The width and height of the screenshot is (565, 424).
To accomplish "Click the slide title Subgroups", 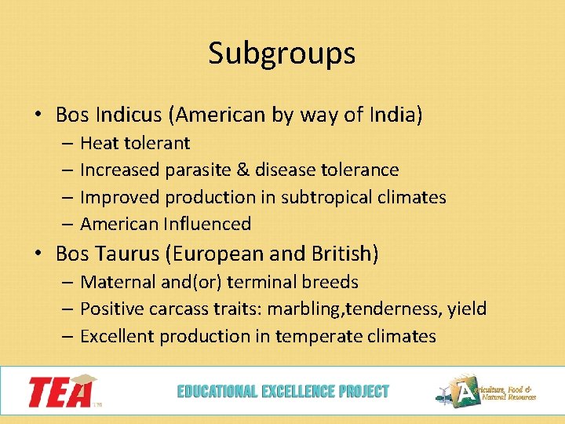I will (x=282, y=53).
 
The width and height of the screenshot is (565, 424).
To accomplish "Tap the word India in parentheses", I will (x=395, y=115).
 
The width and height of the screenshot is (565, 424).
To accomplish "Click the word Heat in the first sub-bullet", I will (x=98, y=143).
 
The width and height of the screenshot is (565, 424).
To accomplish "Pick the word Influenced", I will (x=208, y=224).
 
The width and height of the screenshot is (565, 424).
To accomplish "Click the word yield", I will (x=467, y=309).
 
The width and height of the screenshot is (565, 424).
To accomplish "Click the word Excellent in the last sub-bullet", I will (x=117, y=336).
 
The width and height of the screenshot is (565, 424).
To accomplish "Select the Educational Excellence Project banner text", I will (x=282, y=391).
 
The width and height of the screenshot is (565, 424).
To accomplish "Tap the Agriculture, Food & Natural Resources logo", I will (x=487, y=391).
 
